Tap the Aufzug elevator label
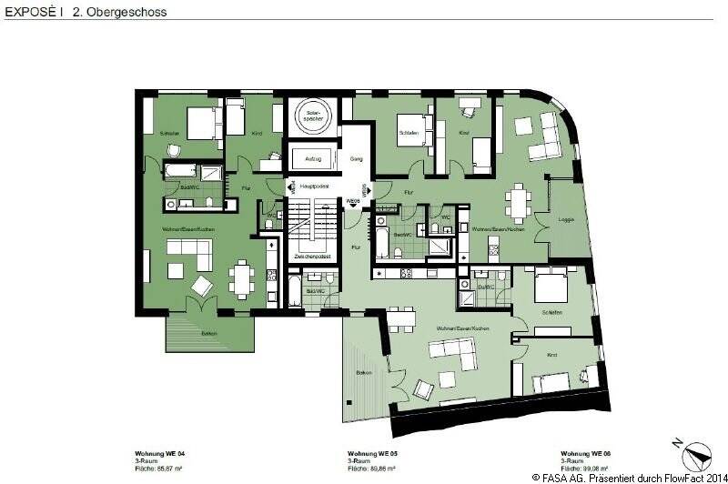(313, 159)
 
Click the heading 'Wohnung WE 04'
(160, 453)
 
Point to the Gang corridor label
(356, 157)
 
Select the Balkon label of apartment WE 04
(208, 333)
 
